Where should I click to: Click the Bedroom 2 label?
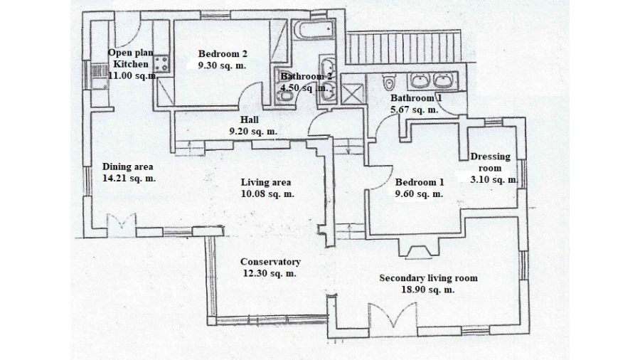[223, 54]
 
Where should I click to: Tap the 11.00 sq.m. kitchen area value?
[133, 75]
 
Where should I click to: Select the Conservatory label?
[270, 262]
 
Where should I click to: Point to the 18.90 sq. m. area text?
[428, 290]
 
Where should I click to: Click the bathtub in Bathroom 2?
[314, 30]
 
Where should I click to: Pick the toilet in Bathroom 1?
[390, 82]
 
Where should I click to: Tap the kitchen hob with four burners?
[161, 64]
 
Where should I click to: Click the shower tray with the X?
[352, 94]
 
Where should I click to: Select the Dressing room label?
[490, 162]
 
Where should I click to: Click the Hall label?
[249, 120]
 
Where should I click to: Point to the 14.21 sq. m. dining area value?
[129, 179]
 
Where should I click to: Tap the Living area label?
[266, 182]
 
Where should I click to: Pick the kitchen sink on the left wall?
[99, 76]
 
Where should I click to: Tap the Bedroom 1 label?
[419, 182]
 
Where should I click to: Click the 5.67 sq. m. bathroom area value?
[415, 110]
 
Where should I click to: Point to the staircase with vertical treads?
[404, 47]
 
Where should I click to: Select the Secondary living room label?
[428, 278]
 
